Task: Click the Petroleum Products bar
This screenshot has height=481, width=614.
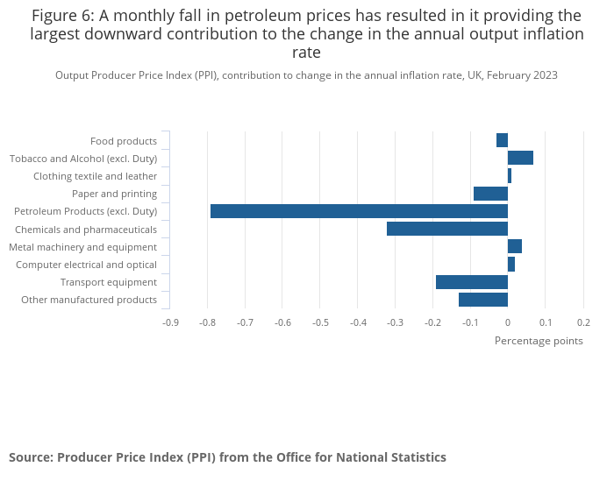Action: pos(359,211)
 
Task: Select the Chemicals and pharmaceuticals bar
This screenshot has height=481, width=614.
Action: pos(446,229)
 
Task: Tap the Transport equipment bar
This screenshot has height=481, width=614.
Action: pos(471,281)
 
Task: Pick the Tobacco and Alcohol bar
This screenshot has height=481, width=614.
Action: pos(520,158)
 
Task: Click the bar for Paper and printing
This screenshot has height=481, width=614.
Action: pos(490,194)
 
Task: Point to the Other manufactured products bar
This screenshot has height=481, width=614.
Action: pos(482,300)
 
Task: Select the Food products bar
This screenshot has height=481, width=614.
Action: pos(502,140)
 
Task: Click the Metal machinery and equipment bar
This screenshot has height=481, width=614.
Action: pos(515,246)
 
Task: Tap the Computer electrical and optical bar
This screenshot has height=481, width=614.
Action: pos(511,264)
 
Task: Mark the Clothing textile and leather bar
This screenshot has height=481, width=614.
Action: pos(510,175)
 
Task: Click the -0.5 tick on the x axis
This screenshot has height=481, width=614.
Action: pos(320,322)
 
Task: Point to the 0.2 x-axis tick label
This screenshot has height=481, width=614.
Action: pos(583,322)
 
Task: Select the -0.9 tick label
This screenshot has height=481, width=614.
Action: pos(170,322)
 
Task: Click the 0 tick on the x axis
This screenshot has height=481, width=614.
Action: pos(508,322)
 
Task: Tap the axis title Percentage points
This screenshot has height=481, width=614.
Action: pos(539,341)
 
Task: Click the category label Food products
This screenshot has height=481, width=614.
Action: pos(124,141)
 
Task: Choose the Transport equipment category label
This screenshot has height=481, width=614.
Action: pos(109,282)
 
